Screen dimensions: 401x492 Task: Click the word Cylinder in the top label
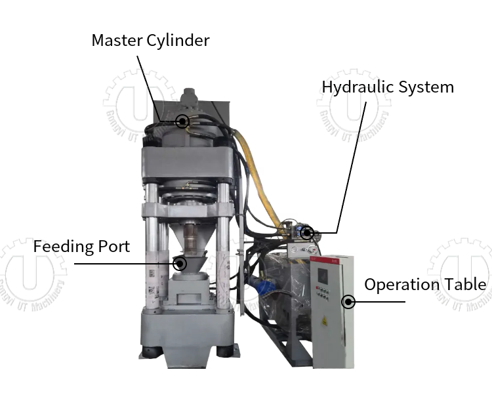179,41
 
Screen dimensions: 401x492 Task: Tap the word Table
465,284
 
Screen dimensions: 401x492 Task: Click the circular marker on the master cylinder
183,121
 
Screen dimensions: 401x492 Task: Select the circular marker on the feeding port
180,264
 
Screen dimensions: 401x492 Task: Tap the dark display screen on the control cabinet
321,273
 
